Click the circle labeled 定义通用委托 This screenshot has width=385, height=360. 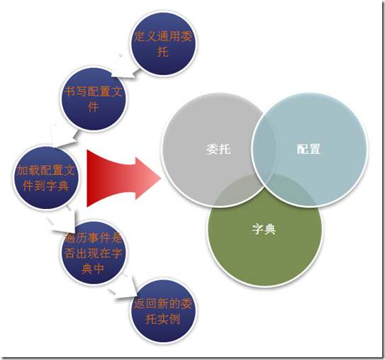coord(163,44)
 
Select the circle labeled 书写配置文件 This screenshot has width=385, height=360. coord(94,99)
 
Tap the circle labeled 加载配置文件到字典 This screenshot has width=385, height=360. coord(45,178)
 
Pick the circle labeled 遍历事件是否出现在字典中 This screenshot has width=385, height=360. coord(94,253)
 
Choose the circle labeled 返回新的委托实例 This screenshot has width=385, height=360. coord(163,311)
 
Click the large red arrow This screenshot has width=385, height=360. coord(123,179)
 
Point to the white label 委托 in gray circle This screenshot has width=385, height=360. coord(218,149)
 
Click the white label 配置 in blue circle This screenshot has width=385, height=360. coord(308,149)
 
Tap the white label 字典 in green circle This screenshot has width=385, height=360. coord(264,229)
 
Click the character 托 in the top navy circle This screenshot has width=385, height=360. coord(163,52)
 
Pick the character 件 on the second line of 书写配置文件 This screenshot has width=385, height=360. coord(94,107)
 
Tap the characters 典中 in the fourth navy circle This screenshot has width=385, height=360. coord(93,269)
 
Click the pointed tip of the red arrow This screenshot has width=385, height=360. coord(161,179)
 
